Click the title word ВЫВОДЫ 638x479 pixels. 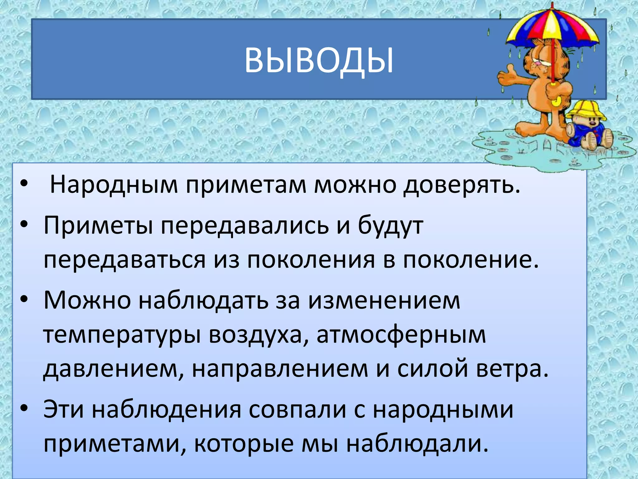319,61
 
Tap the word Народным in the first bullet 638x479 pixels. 114,185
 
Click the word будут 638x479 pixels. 390,225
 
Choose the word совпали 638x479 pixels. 298,409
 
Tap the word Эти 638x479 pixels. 64,409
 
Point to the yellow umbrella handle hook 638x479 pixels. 556,100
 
